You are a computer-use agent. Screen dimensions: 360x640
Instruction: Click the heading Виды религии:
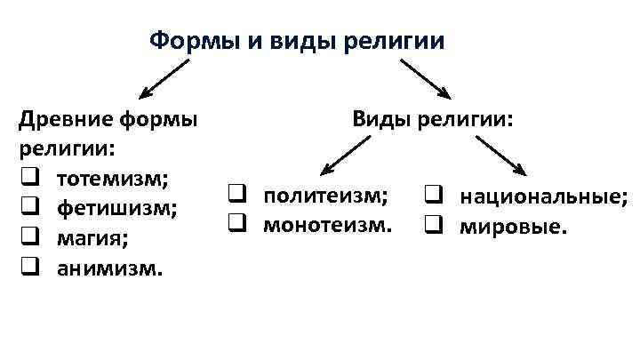(x=433, y=118)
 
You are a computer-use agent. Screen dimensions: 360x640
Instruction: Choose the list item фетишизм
(x=116, y=208)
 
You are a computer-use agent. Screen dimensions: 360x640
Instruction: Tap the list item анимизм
(x=109, y=267)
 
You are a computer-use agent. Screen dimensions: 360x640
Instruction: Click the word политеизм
(x=325, y=196)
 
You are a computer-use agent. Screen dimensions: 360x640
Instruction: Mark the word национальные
(x=543, y=196)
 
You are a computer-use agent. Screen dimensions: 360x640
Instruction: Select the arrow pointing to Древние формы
(x=164, y=77)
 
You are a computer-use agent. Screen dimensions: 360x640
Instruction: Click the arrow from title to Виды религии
(x=427, y=78)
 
